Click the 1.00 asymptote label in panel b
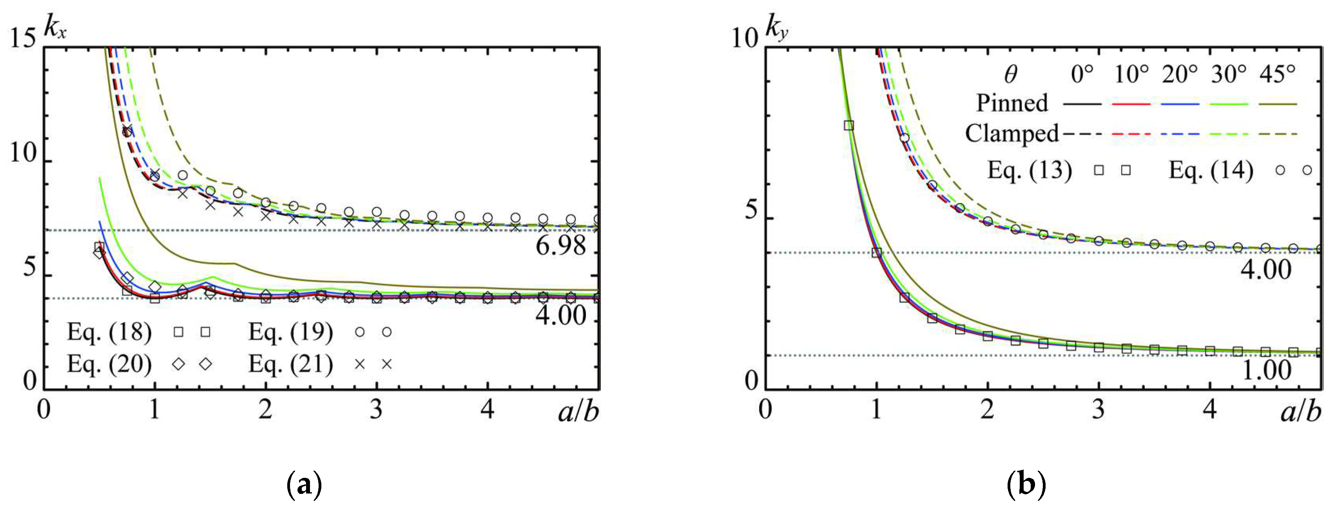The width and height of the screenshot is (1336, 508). [1266, 370]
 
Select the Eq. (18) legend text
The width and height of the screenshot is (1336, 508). [109, 332]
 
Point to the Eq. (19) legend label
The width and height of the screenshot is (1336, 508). [290, 332]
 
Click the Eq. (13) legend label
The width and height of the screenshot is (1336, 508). [1029, 170]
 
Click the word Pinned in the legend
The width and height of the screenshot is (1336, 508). [1012, 103]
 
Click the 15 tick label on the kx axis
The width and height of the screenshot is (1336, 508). [24, 38]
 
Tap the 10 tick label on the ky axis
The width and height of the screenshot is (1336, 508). [745, 38]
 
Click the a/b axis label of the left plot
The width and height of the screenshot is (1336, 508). [578, 412]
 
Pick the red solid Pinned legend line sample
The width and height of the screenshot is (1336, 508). [1131, 104]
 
